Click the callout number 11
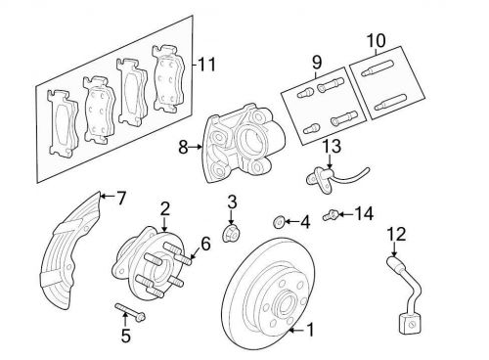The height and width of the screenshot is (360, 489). click(x=207, y=65)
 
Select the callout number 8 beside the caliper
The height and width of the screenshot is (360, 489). click(x=183, y=148)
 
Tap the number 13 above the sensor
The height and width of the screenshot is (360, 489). click(x=332, y=146)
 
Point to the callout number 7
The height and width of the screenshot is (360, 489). click(x=121, y=198)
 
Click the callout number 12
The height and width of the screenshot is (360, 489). click(x=397, y=235)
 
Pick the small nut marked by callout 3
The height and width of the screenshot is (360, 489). click(x=231, y=234)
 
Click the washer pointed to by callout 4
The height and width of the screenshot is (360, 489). click(x=278, y=223)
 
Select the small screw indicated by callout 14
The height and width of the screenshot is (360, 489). click(x=330, y=215)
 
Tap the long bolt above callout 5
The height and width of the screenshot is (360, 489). click(x=130, y=312)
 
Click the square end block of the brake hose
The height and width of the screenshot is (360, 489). click(x=410, y=324)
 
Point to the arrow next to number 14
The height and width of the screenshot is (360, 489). click(x=346, y=214)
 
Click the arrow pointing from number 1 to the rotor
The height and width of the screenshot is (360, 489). click(x=296, y=331)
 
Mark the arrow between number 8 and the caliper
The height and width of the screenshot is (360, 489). click(x=196, y=148)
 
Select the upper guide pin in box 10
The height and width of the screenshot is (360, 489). click(x=377, y=67)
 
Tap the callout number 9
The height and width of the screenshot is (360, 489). click(x=317, y=63)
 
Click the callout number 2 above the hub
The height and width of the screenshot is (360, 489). click(x=165, y=209)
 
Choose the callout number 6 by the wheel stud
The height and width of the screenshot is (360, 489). click(x=205, y=244)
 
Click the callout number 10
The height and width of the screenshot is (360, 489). click(x=376, y=40)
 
